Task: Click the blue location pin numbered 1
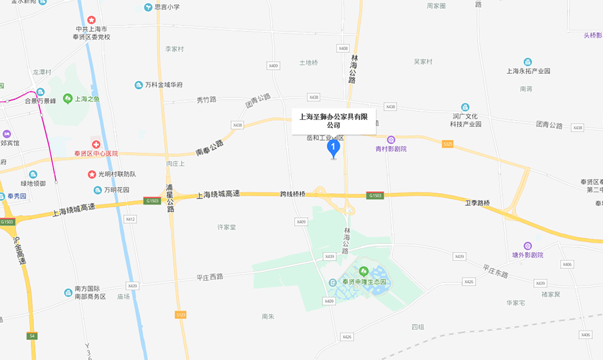coord(333,148)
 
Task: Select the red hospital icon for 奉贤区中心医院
coord(96,144)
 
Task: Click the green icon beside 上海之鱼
coord(68,99)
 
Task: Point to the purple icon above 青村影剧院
coord(391,139)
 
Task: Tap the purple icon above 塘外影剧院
coord(527,246)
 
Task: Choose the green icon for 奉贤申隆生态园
coord(364,272)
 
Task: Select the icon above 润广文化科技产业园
coord(465,107)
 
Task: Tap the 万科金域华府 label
coord(163,85)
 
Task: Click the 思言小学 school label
coord(167,7)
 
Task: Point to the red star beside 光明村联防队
coord(92,174)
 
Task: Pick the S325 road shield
coord(448,143)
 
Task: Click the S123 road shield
coord(180,314)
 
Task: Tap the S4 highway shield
coord(31,335)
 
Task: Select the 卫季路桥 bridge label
coord(478,202)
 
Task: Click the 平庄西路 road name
coord(209,276)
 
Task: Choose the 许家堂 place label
coord(226,227)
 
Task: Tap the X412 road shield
coord(130,219)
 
